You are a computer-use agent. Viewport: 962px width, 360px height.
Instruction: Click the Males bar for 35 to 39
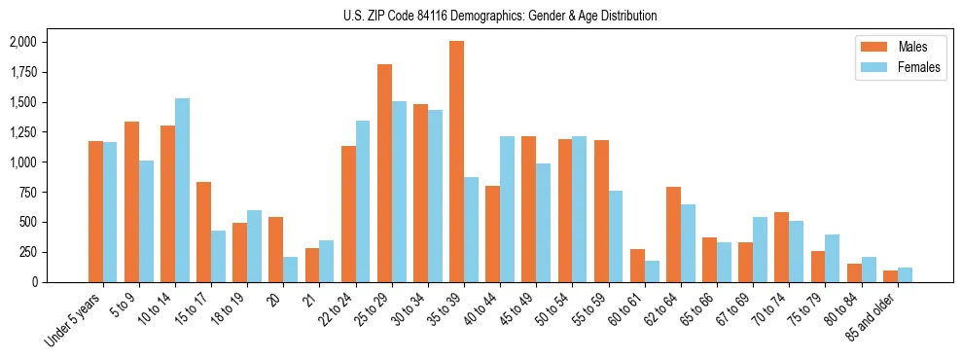pos(456,162)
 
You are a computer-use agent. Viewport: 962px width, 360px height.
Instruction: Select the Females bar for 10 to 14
pos(182,190)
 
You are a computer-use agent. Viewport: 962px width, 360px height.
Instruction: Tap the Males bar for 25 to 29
pos(384,173)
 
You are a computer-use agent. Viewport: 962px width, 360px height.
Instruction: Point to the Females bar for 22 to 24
pos(363,201)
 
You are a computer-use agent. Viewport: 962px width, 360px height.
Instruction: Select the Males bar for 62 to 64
pos(673,234)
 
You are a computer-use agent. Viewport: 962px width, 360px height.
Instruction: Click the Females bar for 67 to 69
pos(760,249)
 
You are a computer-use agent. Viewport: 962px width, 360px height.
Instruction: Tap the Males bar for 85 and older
pos(890,276)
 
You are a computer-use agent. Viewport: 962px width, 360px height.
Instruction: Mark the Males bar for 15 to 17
pos(204,232)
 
